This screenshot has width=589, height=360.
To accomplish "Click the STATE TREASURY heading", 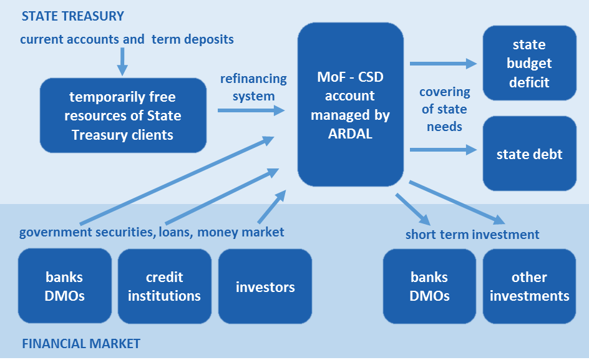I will (x=73, y=16).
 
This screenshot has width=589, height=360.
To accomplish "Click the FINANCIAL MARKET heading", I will (x=81, y=344).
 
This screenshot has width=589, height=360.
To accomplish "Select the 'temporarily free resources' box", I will (x=123, y=115).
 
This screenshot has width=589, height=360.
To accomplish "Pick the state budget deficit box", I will (x=529, y=63).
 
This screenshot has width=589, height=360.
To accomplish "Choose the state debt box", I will (x=529, y=153).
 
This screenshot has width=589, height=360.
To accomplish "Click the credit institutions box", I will (x=165, y=286).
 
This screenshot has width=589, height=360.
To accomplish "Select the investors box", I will (x=265, y=286).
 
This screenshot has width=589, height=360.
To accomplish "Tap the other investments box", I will (x=529, y=286).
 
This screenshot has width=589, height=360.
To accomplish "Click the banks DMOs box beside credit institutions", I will (x=64, y=286).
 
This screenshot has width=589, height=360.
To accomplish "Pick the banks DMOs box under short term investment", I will (x=429, y=286).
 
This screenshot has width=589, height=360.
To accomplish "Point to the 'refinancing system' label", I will (x=253, y=87).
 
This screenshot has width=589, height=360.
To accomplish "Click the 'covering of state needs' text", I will (x=444, y=109).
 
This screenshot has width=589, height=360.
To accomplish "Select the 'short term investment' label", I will (x=472, y=235).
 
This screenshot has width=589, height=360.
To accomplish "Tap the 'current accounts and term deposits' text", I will (x=127, y=39).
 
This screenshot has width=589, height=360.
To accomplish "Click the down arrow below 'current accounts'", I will (x=122, y=61).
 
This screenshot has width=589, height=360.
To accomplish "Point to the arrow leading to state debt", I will (x=443, y=150).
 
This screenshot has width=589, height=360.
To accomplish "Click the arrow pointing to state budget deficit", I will (x=443, y=63).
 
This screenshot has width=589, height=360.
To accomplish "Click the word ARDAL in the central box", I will (x=350, y=132).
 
